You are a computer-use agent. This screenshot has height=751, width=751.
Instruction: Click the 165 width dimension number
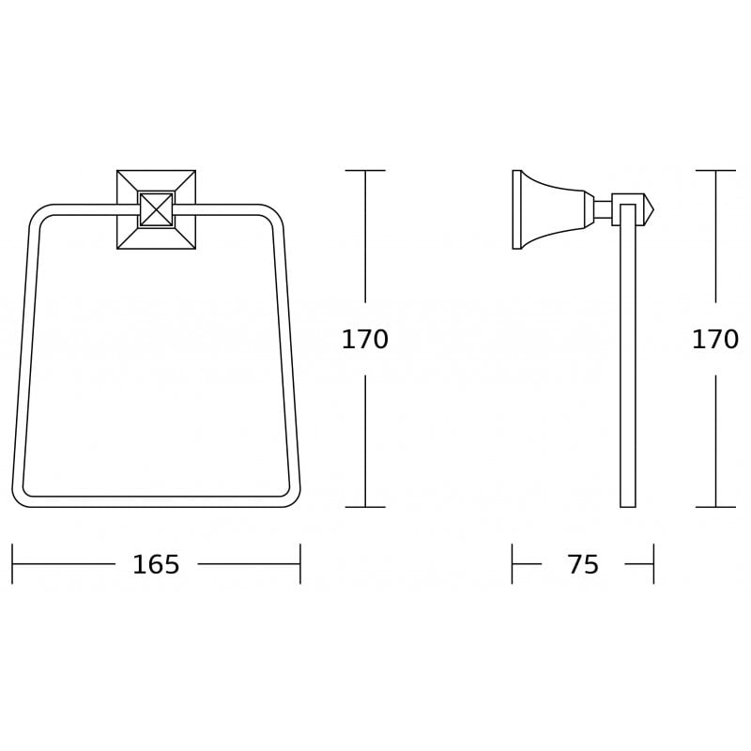(x=156, y=564)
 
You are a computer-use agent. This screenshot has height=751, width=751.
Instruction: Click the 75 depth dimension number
(x=583, y=564)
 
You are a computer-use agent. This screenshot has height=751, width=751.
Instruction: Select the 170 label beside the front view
(x=365, y=339)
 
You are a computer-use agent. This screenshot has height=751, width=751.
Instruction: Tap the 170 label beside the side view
(x=715, y=339)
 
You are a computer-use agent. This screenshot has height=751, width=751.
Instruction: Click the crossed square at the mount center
(x=156, y=209)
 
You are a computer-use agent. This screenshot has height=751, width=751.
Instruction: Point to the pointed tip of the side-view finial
(x=653, y=209)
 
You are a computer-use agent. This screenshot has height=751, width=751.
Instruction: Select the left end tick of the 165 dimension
(x=12, y=564)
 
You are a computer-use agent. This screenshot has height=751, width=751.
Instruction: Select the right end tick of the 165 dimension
(x=300, y=564)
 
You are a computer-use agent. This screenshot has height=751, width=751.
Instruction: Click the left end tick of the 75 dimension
(x=512, y=564)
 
